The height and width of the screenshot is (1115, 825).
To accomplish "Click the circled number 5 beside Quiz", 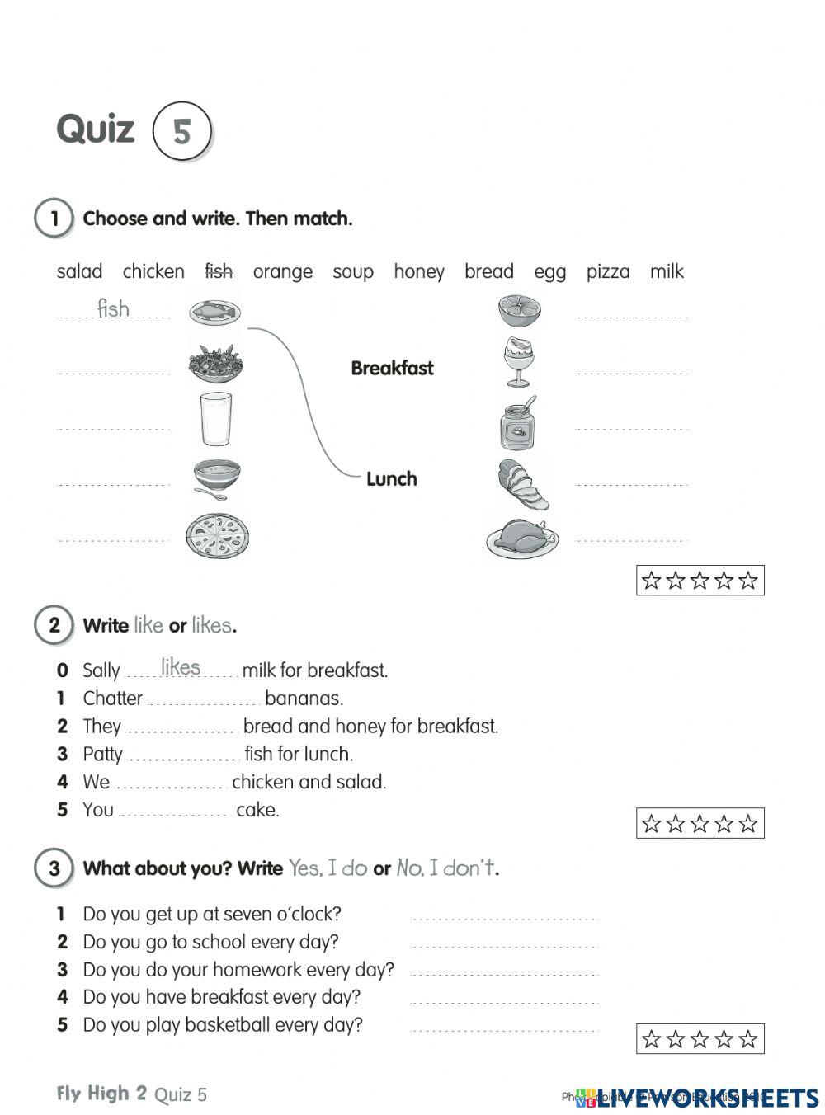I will tap(181, 130).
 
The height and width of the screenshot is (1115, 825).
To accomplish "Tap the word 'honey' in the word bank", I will tap(418, 271).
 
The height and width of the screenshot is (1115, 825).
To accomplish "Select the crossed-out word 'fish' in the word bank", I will tap(219, 271).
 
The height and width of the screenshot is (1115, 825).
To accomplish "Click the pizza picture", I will tap(217, 535).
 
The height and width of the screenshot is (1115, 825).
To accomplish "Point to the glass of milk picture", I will tap(216, 419).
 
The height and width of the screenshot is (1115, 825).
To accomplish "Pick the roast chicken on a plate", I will tap(522, 537).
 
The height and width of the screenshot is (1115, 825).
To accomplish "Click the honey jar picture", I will tap(517, 423).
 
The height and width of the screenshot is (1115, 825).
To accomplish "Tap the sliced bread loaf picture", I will tap(522, 483).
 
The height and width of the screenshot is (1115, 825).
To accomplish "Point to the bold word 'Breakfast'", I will tap(392, 368).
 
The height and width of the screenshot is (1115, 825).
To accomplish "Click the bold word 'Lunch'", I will tap(391, 478).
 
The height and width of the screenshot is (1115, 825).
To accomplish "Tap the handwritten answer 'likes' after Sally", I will tap(181, 666).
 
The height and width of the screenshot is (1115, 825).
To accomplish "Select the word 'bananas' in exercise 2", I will tap(303, 699).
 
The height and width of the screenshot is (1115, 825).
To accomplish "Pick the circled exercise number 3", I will tap(54, 868).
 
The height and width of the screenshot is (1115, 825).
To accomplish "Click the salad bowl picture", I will tap(216, 362).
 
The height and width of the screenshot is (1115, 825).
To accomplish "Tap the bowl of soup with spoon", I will tap(217, 479).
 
